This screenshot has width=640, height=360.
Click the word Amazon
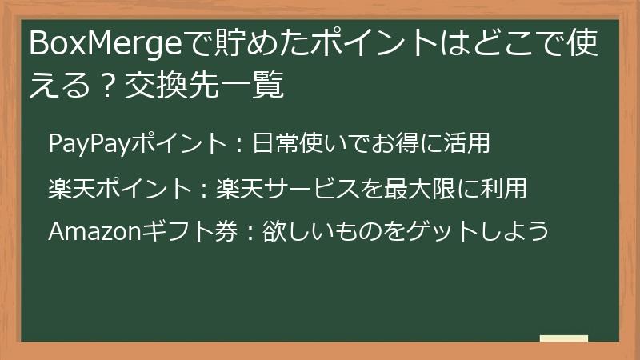tap(94, 232)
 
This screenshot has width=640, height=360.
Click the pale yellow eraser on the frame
tap(563, 339)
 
